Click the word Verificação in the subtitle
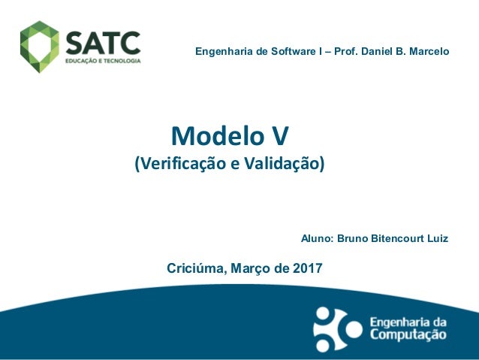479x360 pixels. pyautogui.click(x=177, y=163)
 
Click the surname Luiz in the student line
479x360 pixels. pyautogui.click(x=437, y=239)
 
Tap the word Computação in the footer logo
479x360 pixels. pyautogui.click(x=408, y=337)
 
